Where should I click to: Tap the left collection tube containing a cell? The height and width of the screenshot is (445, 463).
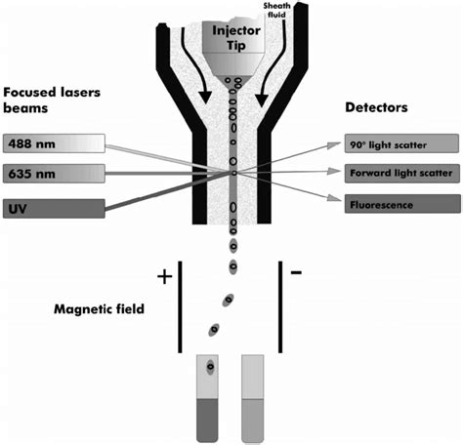[209, 398]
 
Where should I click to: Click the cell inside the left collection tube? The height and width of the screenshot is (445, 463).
[210, 369]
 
